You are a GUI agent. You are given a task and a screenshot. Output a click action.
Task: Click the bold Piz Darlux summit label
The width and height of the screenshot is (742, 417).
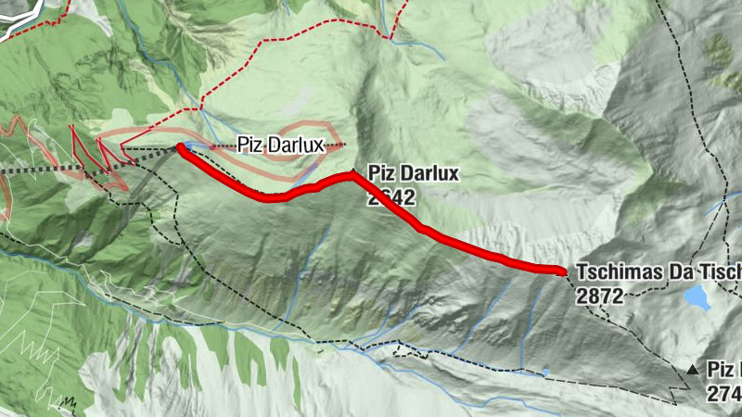(414, 173)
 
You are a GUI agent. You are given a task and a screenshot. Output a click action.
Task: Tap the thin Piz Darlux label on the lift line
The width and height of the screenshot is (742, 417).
(279, 145)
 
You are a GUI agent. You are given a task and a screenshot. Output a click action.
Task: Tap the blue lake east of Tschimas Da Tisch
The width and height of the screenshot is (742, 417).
(697, 297)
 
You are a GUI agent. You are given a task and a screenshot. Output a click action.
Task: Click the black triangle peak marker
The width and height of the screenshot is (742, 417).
(692, 371)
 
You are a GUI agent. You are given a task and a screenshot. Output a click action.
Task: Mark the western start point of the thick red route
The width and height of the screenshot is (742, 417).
(180, 147)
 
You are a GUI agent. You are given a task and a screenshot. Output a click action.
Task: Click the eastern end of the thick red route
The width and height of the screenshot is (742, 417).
(560, 271)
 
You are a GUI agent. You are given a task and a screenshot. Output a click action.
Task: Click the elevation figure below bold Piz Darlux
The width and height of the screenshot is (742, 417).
(390, 196)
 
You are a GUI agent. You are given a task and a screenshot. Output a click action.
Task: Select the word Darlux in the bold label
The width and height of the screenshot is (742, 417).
(429, 173)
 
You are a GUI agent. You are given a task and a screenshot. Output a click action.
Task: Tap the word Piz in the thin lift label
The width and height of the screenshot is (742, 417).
(249, 145)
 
